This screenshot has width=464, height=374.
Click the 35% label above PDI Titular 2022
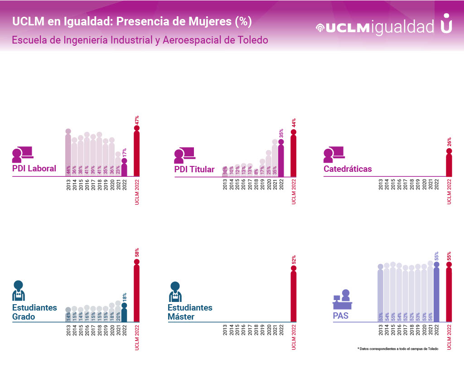(281, 133)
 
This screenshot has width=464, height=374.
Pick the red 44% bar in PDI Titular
(294, 154)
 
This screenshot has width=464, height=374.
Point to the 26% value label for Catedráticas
(449, 142)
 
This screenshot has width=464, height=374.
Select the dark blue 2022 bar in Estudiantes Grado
(124, 313)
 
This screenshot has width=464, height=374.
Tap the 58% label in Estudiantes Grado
(136, 253)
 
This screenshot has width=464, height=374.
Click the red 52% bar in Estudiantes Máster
(294, 295)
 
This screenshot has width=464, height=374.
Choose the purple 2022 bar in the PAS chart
(436, 292)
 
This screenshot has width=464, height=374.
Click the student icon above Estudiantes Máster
(175, 291)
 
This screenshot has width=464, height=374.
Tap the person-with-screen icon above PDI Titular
(184, 155)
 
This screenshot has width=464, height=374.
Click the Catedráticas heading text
(348, 169)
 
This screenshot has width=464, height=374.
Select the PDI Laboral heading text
(34, 169)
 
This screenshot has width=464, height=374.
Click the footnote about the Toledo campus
(397, 349)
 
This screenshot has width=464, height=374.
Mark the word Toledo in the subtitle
(252, 40)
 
